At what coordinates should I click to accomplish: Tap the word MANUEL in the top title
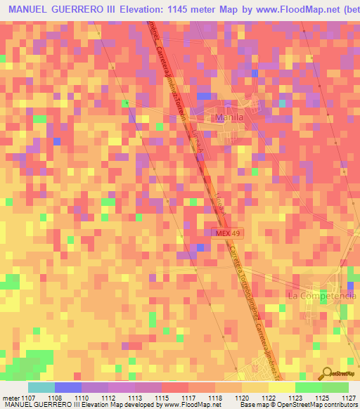pos(30,8)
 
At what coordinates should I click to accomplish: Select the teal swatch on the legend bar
pos(41,387)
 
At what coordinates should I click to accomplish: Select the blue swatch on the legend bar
pos(67,387)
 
